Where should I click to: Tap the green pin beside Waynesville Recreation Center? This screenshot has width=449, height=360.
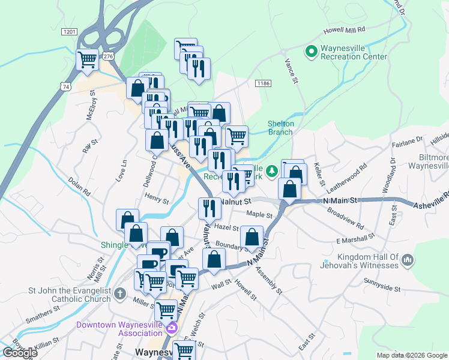[x=311, y=52]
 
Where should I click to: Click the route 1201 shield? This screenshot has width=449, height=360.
[x=70, y=31]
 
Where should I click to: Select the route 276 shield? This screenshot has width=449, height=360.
[x=107, y=56]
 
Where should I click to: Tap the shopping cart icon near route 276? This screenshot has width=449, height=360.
[x=88, y=60]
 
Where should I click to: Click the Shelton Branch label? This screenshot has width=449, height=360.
[x=280, y=128]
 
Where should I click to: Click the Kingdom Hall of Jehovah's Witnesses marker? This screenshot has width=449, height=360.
[x=408, y=260]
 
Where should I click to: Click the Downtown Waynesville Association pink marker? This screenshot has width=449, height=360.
[x=172, y=328]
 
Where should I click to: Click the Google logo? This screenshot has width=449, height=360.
[x=20, y=353]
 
